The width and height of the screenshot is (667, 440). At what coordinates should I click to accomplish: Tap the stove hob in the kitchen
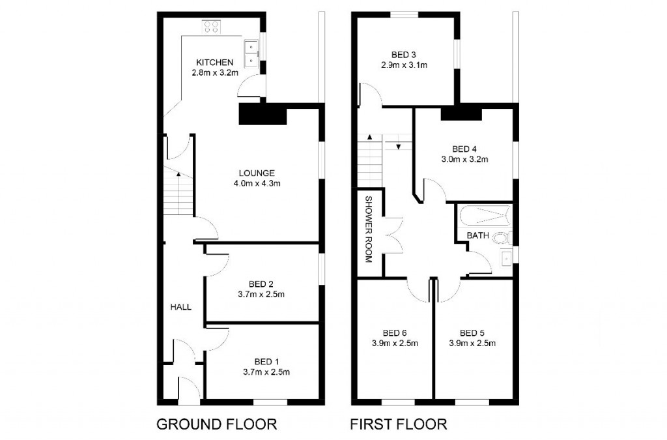click(211, 27)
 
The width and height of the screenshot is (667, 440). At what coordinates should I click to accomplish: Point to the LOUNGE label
click(257, 173)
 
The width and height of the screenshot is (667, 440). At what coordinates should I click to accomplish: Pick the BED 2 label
click(261, 284)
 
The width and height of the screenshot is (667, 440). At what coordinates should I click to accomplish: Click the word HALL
click(180, 306)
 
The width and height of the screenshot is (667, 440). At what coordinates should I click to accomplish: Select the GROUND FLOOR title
click(217, 424)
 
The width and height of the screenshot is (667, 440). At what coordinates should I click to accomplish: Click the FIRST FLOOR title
click(399, 424)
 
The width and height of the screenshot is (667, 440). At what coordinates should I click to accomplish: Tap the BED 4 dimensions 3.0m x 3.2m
click(465, 158)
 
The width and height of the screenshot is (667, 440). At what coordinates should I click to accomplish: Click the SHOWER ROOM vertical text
click(368, 229)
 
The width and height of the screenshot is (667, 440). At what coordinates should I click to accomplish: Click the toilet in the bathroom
click(503, 237)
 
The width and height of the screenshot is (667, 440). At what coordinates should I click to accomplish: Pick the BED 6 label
click(395, 331)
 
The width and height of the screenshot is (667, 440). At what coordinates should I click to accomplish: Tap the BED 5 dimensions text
click(472, 344)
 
